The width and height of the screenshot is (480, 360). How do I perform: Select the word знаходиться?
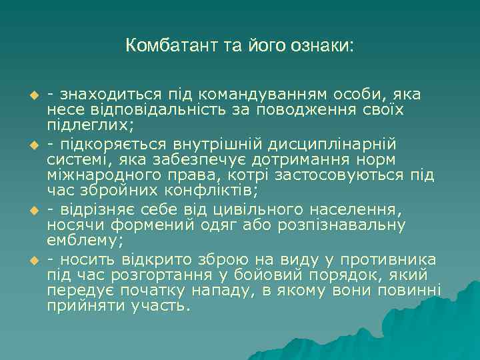point(107,94)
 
